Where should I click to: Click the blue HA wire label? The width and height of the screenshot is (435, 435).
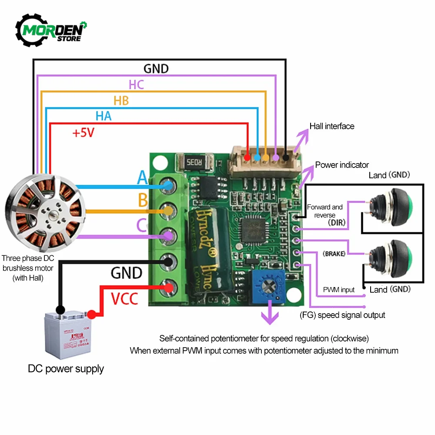[x=104, y=116]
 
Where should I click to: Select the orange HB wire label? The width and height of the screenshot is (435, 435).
[x=121, y=100]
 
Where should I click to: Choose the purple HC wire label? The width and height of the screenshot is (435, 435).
[x=136, y=84]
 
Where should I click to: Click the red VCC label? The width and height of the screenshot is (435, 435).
[x=124, y=299]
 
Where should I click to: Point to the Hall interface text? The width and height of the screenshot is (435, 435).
[x=332, y=126]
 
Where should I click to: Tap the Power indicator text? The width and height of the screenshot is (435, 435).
[x=342, y=165]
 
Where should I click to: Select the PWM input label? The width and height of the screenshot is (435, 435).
[x=338, y=290]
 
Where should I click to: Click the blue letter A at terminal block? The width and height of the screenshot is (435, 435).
[x=142, y=177]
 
